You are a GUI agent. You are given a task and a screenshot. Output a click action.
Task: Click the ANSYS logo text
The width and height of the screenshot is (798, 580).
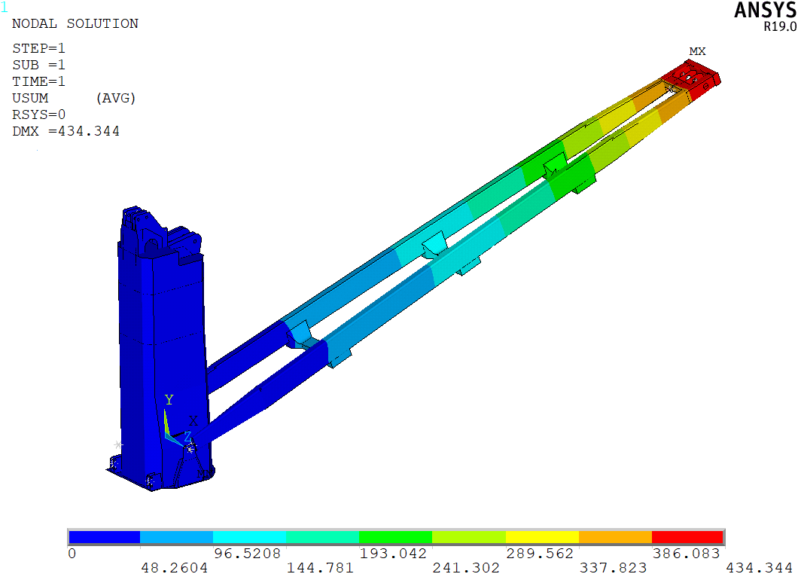(x=766, y=11)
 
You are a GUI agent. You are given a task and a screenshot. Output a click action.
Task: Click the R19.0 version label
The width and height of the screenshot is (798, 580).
(x=780, y=26)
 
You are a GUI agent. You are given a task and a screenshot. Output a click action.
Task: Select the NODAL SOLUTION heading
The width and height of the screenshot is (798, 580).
(x=75, y=23)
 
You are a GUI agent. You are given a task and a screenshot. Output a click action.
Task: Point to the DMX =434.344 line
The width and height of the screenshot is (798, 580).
(x=66, y=131)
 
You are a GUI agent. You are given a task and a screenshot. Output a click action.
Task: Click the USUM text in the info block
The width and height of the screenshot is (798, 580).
(x=31, y=98)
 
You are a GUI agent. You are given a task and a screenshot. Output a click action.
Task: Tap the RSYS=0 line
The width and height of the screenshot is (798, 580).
(x=39, y=114)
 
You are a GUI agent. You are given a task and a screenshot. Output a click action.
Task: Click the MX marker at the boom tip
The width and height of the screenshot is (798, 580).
(x=697, y=51)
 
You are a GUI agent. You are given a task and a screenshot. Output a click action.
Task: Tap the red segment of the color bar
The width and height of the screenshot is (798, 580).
(x=687, y=537)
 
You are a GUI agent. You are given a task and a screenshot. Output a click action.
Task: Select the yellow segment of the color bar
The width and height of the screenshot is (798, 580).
(x=542, y=537)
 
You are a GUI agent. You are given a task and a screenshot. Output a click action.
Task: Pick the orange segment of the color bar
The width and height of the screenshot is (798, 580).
(x=615, y=537)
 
